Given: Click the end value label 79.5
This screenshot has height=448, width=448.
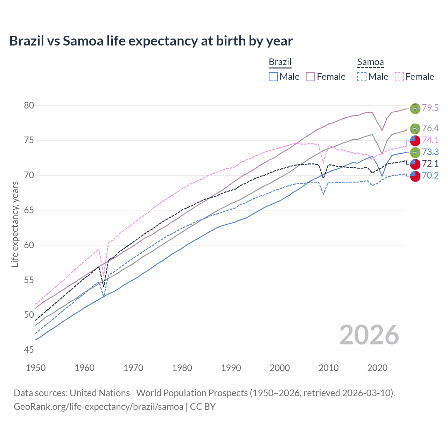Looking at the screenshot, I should tap(430, 108).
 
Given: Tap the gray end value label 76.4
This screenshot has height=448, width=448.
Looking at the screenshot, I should tap(430, 128).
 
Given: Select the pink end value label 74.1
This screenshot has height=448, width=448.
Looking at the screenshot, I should tap(430, 140).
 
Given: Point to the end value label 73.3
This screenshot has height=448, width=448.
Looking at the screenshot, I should tap(430, 152).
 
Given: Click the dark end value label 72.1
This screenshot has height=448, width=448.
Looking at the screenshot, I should tap(430, 163).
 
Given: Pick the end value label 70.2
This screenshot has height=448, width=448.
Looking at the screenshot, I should tap(430, 175).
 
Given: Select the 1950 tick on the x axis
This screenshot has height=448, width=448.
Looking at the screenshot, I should tap(36, 368).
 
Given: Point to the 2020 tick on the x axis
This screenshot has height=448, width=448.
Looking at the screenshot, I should tap(377, 368).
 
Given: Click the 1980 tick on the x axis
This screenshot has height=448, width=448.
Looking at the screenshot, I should tap(182, 368).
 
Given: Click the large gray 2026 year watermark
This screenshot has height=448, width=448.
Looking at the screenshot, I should tap(369, 335).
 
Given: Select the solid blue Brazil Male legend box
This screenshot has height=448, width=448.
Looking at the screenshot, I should tap(273, 77).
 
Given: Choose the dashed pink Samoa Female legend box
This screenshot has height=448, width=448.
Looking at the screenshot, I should tap(399, 77).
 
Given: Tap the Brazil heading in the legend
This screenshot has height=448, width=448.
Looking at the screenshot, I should tap(280, 62).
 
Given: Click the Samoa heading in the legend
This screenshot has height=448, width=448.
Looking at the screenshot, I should tap(370, 62).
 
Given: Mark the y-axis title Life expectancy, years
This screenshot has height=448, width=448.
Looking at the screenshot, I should tap(15, 224).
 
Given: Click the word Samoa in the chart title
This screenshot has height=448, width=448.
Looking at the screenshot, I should tap(83, 41).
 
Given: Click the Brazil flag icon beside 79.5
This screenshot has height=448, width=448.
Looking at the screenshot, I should tap(415, 108).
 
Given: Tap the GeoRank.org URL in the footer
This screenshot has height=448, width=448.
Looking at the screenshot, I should tap(98, 407).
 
